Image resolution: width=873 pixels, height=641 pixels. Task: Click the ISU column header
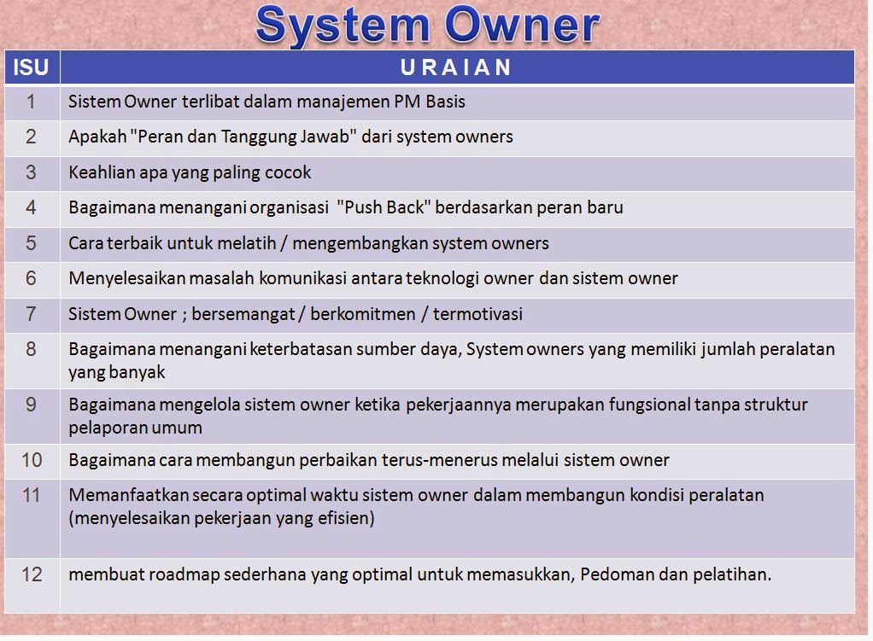click(31, 67)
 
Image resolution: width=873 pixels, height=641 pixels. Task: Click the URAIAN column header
click(456, 67)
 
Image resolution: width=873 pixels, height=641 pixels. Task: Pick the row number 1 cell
click(31, 102)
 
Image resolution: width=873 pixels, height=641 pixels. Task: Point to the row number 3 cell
click(31, 172)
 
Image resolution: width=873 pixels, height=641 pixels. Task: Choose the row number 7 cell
click(31, 314)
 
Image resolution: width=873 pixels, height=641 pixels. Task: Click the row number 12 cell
click(31, 574)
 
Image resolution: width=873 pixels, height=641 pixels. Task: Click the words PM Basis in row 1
click(430, 102)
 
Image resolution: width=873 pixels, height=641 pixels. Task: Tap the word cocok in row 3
click(288, 172)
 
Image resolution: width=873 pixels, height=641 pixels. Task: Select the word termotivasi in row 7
click(478, 314)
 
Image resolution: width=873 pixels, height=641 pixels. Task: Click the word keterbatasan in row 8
click(299, 349)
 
